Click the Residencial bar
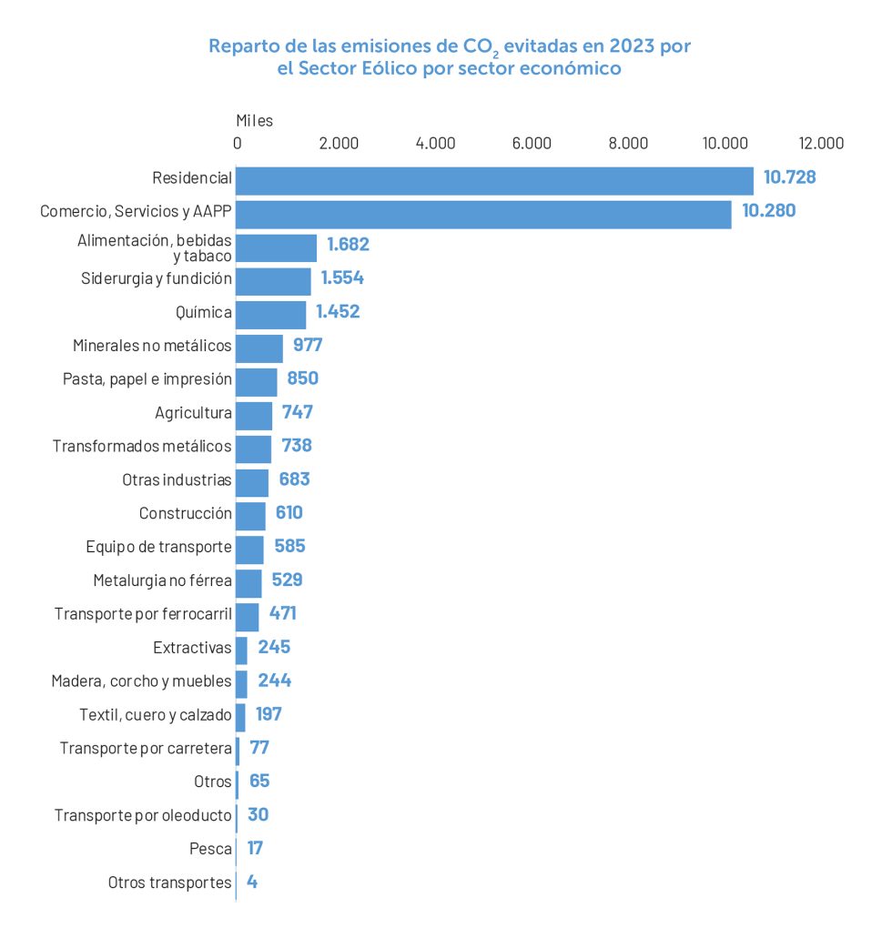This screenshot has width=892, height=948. (x=494, y=181)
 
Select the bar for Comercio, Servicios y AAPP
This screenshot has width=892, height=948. (x=483, y=215)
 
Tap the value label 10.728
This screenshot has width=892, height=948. (x=789, y=177)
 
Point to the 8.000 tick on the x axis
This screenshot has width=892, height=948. (x=628, y=143)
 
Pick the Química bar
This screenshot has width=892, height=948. (x=271, y=315)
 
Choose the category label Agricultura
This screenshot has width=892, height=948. (x=193, y=413)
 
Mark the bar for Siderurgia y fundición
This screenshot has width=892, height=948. (x=273, y=281)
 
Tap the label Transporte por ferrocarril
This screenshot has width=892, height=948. (x=143, y=615)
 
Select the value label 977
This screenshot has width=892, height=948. (x=302, y=345)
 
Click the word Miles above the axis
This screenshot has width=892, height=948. (x=254, y=120)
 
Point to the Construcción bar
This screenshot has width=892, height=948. (x=250, y=516)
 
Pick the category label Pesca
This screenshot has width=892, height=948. (x=210, y=849)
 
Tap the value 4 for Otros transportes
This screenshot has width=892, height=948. (x=252, y=882)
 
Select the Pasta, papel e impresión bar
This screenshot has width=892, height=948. (x=257, y=382)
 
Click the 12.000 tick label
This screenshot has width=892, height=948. (x=821, y=143)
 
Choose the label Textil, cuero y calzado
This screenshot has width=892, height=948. (x=156, y=715)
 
